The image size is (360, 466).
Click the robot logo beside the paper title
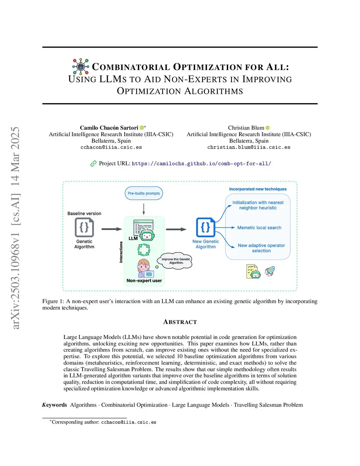81,66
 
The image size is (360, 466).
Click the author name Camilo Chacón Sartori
109,128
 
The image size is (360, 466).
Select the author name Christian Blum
246,128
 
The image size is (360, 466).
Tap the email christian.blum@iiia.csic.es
249,147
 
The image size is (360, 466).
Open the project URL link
201,164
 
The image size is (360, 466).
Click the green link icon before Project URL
93,164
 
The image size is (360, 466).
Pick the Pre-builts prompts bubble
144,193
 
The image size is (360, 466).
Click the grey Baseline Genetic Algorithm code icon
84,227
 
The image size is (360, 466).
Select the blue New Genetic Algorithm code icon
205,227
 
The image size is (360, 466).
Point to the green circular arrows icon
143,250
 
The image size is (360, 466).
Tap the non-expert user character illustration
144,268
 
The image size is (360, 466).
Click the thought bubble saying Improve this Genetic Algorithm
176,261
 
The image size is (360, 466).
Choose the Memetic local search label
259,228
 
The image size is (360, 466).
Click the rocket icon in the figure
270,271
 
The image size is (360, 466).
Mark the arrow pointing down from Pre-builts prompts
144,209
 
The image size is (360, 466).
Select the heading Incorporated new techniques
258,189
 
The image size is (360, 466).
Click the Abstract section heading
180,322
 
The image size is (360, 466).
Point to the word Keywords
54,405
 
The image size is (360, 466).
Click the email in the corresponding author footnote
129,422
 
